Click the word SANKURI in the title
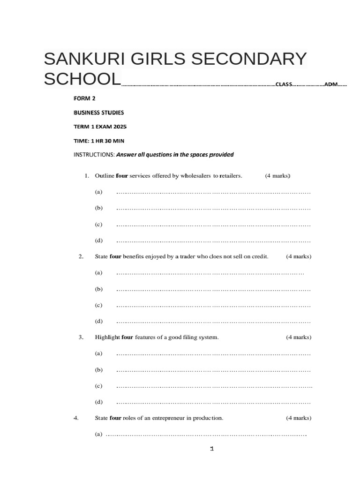(81, 60)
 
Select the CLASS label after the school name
(284, 84)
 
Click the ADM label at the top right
(331, 84)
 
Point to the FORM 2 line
(85, 98)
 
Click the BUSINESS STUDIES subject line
(99, 112)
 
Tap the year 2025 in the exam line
(119, 127)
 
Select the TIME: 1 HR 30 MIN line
(99, 141)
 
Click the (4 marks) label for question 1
(278, 176)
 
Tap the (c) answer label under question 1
(98, 225)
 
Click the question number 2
(81, 256)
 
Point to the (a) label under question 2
(98, 272)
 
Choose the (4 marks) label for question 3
(299, 337)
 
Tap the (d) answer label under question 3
(98, 402)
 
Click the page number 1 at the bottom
(212, 449)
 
